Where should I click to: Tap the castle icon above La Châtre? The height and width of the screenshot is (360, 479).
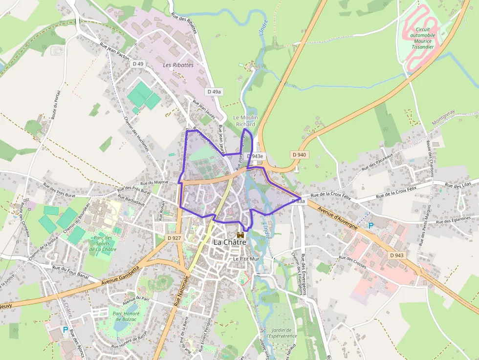[x=240, y=234]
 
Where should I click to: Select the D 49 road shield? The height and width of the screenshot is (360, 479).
[x=138, y=64]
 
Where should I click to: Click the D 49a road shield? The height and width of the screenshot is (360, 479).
[x=214, y=91]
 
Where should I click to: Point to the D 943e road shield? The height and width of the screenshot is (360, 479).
[x=255, y=156]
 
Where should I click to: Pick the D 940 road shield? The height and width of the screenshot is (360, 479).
[x=299, y=155]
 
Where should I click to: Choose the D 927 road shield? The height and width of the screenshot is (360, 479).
[x=174, y=238]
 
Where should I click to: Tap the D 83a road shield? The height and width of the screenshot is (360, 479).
[x=299, y=201]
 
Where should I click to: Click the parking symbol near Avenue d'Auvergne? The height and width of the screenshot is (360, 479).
[x=370, y=226]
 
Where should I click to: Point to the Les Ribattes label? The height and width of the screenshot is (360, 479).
[x=178, y=65]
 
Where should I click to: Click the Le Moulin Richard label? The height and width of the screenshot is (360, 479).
[x=245, y=121]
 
